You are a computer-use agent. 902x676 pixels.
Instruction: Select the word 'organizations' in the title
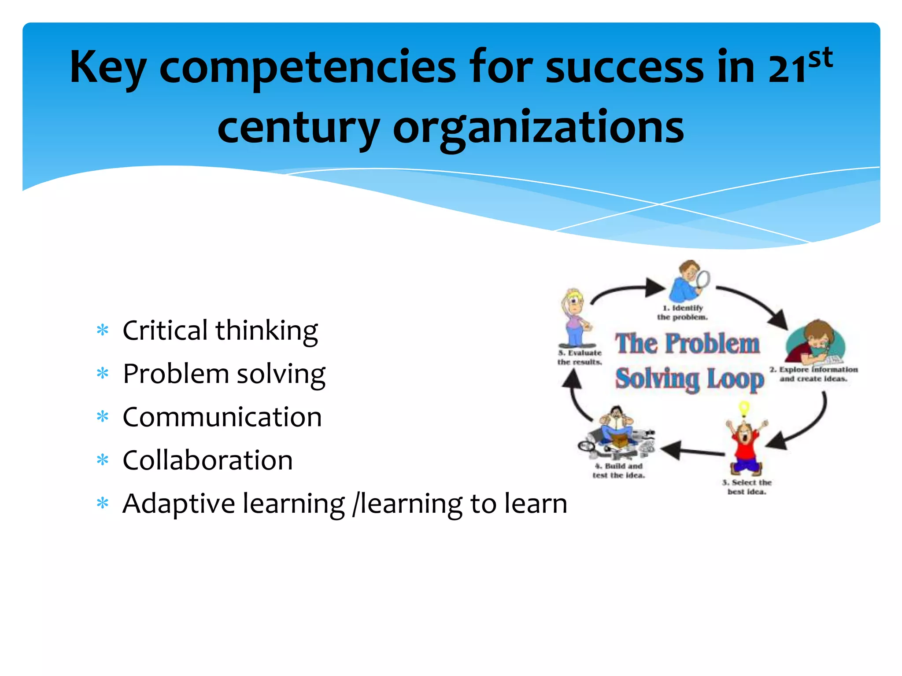click(538, 128)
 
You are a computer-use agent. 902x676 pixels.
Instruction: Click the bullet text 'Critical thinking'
click(220, 331)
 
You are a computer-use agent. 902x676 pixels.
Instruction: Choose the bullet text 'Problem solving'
click(224, 374)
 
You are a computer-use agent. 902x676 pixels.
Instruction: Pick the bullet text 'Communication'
click(222, 417)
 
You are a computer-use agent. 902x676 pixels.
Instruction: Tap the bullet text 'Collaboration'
click(207, 460)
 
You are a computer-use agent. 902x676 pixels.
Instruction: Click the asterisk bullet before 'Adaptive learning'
click(103, 503)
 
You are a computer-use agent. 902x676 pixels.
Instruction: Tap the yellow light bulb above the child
click(744, 408)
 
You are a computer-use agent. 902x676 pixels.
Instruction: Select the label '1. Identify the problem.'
click(683, 312)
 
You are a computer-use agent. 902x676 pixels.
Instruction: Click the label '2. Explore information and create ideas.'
click(813, 374)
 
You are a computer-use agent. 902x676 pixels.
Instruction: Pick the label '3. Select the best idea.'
click(747, 487)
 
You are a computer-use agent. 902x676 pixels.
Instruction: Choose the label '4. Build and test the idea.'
click(618, 470)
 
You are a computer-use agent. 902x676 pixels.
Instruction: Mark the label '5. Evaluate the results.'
click(580, 357)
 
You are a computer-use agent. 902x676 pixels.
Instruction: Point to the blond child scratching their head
click(575, 317)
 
